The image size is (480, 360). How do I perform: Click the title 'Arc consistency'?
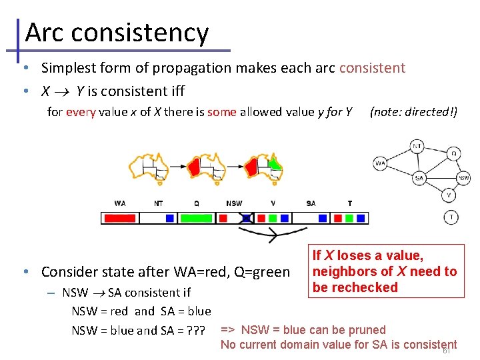117,32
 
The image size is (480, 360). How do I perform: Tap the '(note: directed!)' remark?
413,112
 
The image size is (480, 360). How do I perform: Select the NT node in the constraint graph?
417,146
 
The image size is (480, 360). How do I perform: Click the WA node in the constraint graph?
380,163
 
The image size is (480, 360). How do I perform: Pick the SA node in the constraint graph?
419,178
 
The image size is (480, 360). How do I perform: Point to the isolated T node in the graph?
451,217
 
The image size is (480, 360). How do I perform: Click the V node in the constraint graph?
449,195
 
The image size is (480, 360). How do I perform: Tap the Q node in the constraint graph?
453,153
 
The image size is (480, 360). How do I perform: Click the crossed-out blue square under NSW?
246,218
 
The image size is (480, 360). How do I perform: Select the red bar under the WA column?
120,218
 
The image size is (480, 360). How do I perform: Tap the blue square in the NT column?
170,218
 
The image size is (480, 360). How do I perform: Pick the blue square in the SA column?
323,218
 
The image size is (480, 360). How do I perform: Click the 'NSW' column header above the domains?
234,203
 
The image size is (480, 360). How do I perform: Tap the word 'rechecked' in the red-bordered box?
365,288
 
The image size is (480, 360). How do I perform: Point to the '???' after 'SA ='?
196,330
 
